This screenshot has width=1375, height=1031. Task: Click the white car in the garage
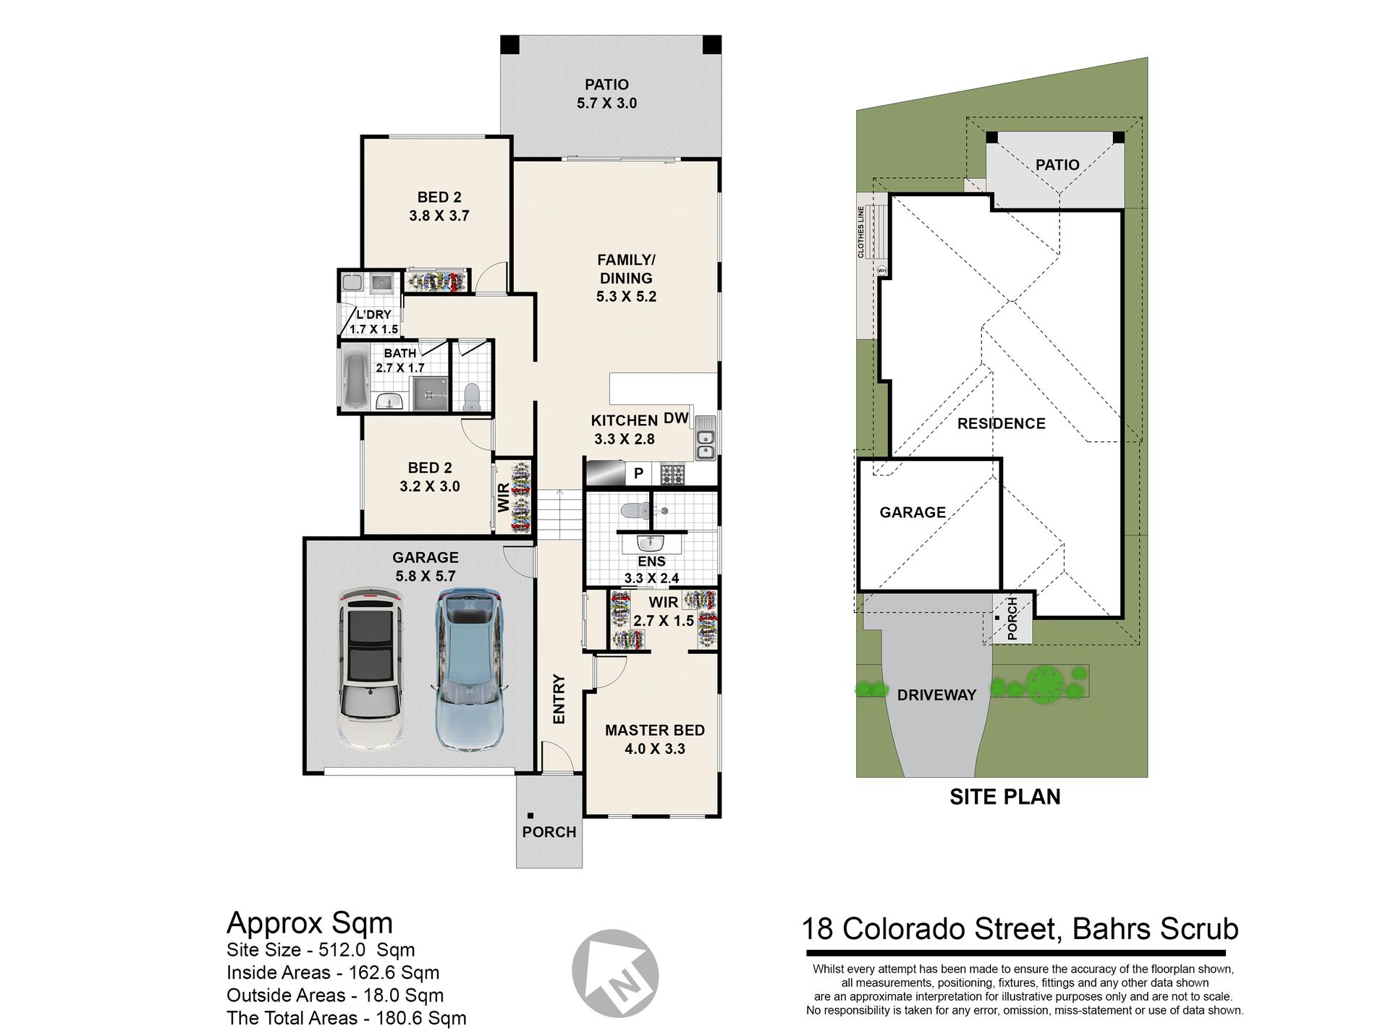coord(371,669)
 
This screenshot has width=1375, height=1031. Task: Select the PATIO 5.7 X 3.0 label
coord(606,94)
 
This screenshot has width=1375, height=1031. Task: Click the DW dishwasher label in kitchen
coord(676,417)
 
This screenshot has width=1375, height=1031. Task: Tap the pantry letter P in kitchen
coord(638,474)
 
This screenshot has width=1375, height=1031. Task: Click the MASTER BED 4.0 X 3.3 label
coord(654,739)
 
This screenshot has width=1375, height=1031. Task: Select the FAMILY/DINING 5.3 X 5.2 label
coord(626,278)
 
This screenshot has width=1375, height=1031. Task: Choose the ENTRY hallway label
coord(559,699)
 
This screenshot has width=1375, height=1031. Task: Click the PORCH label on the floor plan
coord(549,832)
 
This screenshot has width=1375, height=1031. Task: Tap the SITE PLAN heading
coord(1004,797)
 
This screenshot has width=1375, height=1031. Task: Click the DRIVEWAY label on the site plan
coord(936,695)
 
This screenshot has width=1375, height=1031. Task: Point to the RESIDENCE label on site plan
coord(1001,424)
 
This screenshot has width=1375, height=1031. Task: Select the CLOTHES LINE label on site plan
coord(860,232)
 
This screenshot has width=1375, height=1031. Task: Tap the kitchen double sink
coord(705,445)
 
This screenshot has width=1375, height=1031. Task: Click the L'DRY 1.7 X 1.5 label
coord(373,322)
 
